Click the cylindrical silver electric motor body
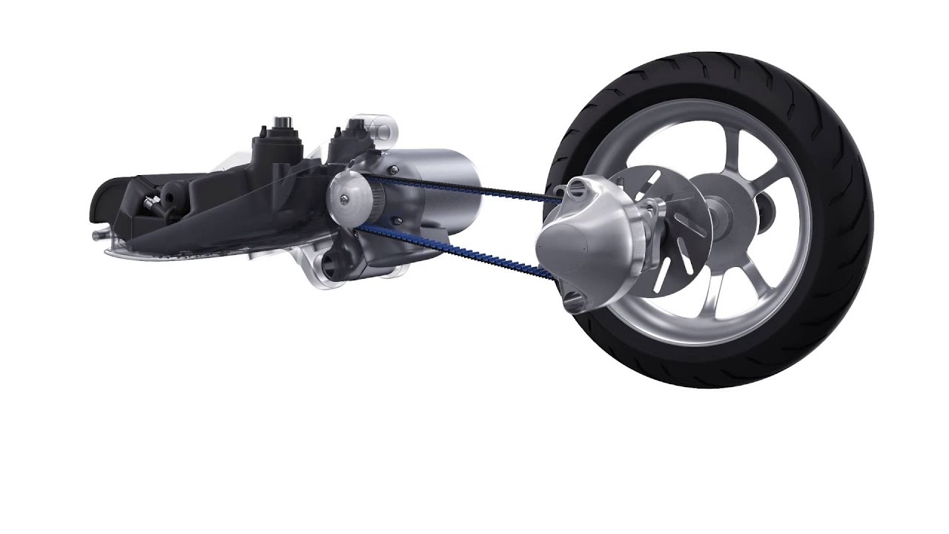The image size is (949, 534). point(437,178)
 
